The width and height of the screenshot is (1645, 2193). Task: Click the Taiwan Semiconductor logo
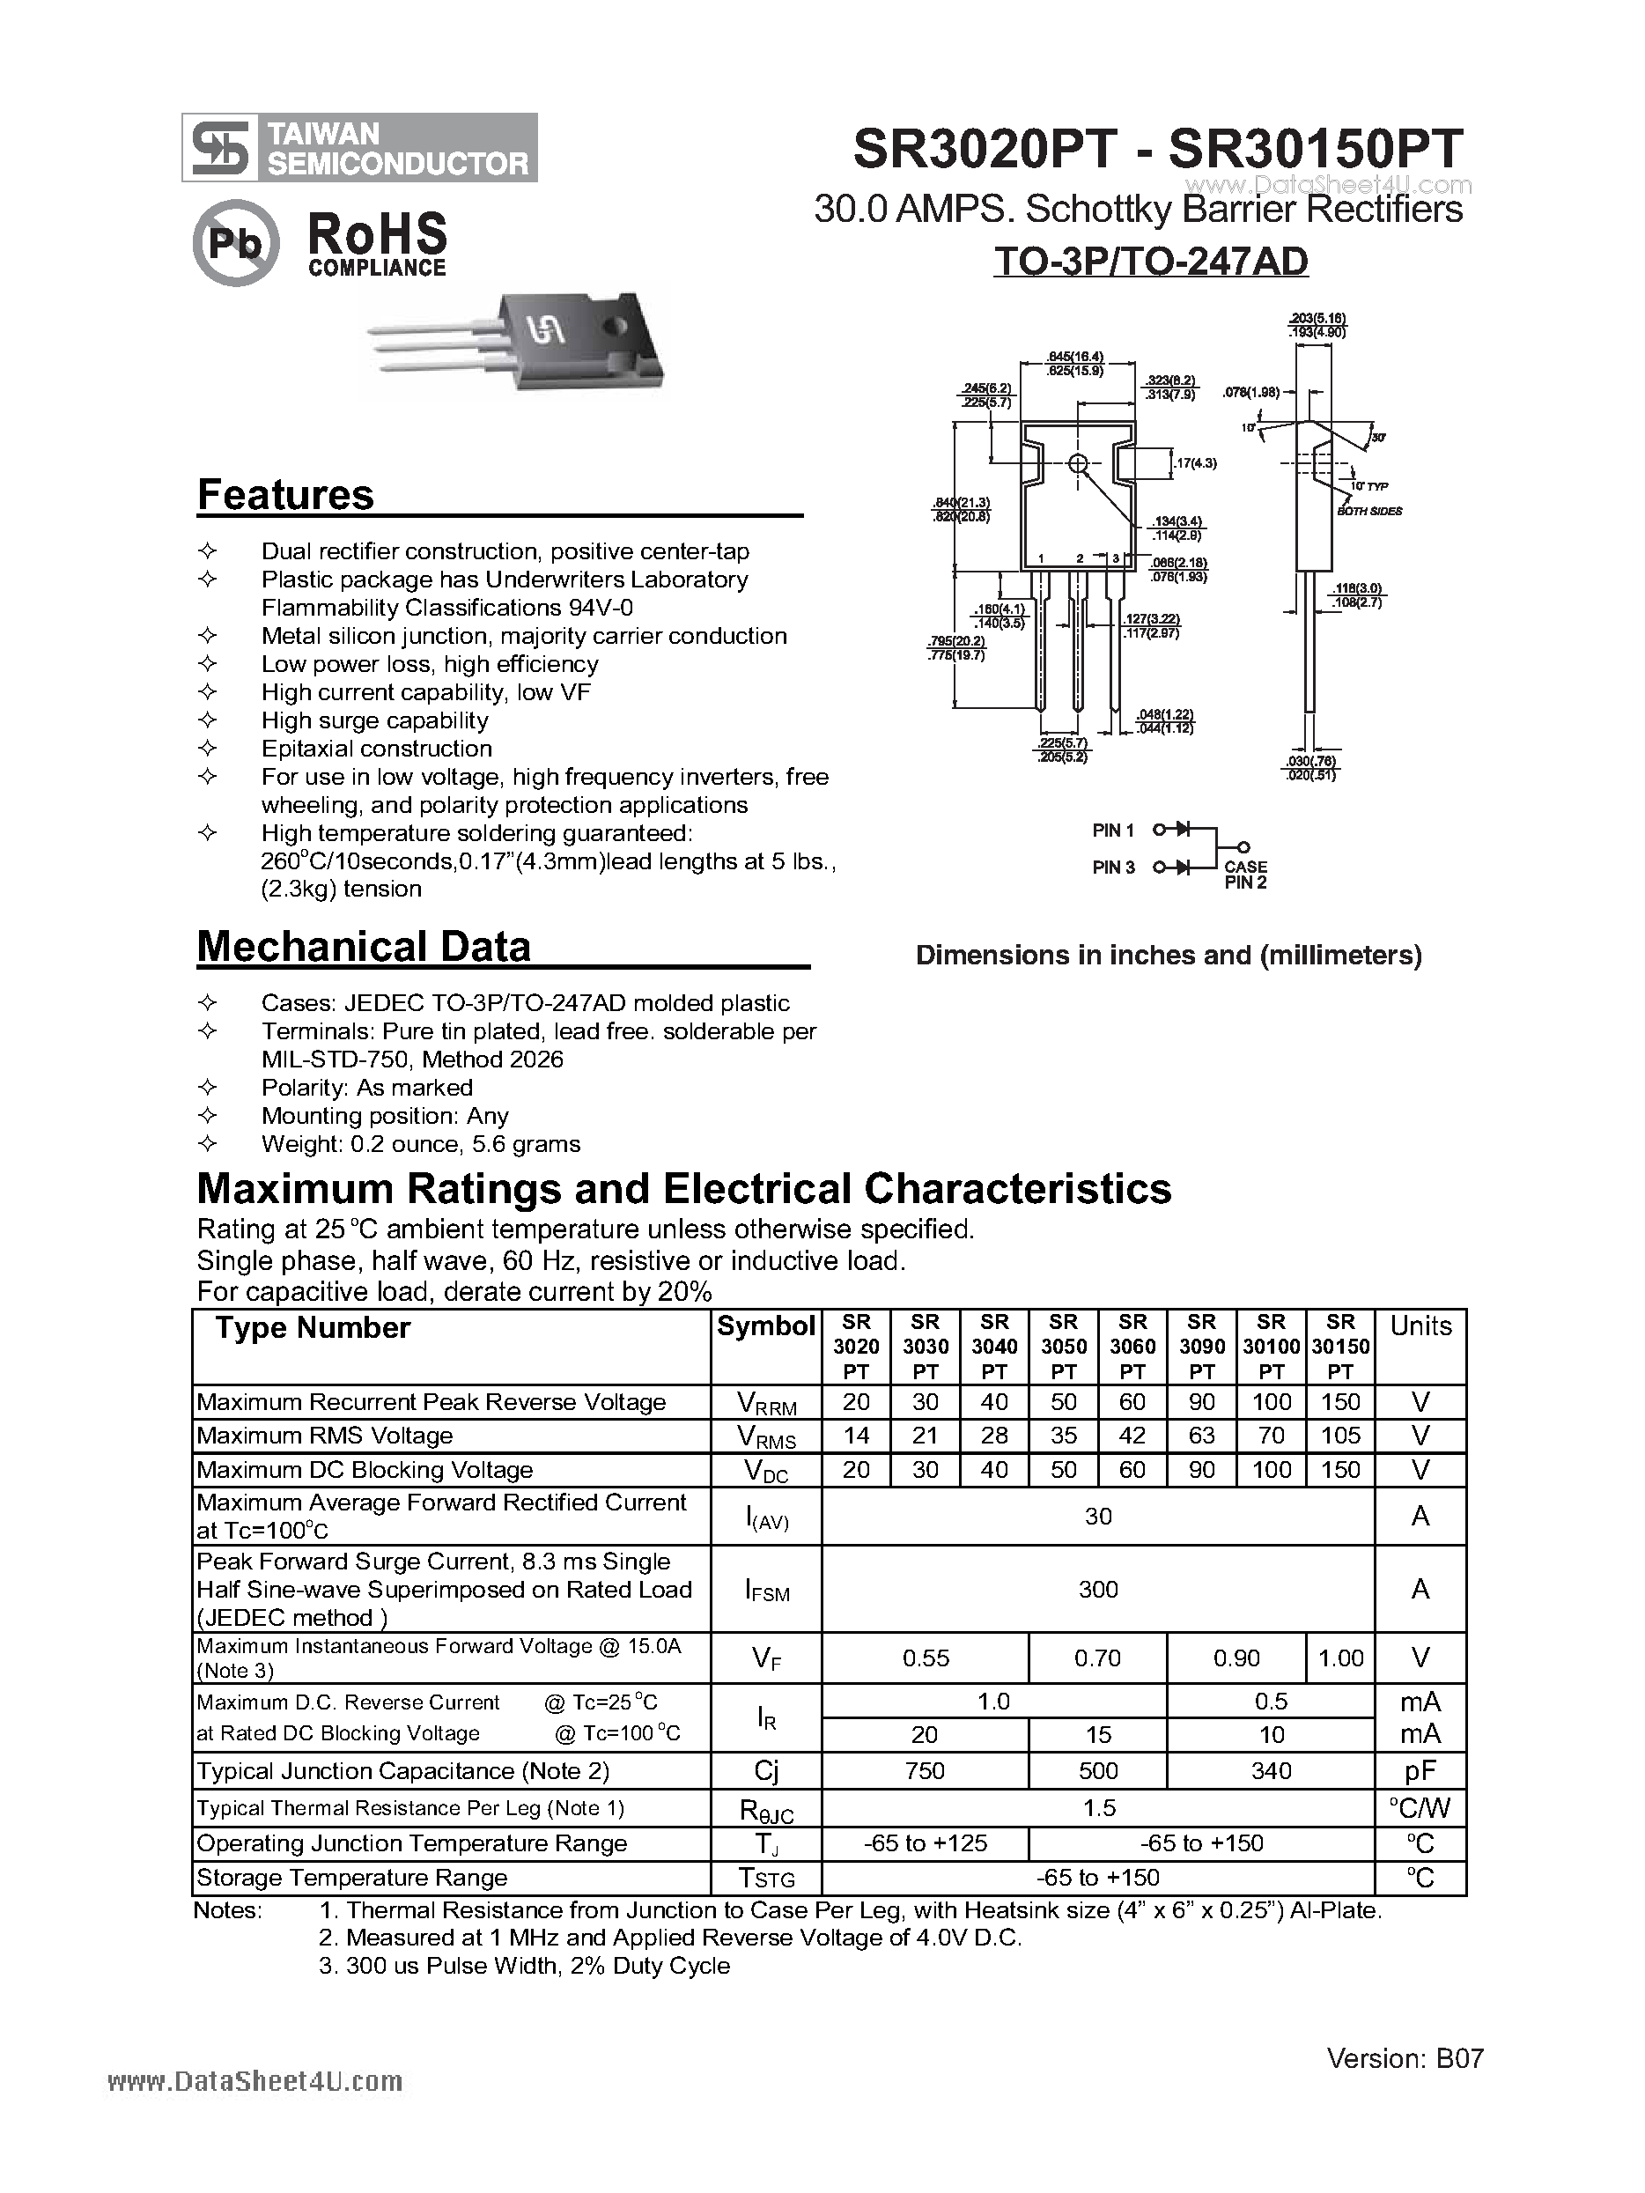coord(359,148)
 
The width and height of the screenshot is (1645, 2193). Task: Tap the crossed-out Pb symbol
coord(236,243)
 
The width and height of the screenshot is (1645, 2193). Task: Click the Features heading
coord(285,495)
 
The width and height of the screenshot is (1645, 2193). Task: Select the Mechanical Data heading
coord(364,947)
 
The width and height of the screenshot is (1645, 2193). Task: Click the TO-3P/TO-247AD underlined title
coord(1150,262)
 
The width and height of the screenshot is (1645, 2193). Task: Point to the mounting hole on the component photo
coord(616,326)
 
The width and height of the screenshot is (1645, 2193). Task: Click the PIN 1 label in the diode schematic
coord(1112,831)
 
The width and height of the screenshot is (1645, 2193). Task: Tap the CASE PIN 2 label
coord(1245,875)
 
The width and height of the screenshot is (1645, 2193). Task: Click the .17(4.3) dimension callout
coord(1196,463)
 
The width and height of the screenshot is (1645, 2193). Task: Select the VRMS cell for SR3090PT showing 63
coord(1202,1436)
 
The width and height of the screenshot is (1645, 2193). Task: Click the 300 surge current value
coord(1097,1589)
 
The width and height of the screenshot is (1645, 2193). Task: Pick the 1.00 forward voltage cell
coord(1340,1658)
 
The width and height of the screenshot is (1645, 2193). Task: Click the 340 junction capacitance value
coord(1272,1770)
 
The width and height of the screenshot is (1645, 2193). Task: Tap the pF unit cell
coord(1420,1770)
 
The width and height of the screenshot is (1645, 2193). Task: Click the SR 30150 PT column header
coord(1340,1347)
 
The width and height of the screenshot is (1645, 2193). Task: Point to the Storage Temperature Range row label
coord(352,1878)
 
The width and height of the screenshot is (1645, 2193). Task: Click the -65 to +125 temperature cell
coord(926,1843)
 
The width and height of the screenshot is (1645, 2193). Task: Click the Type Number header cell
coord(313,1328)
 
